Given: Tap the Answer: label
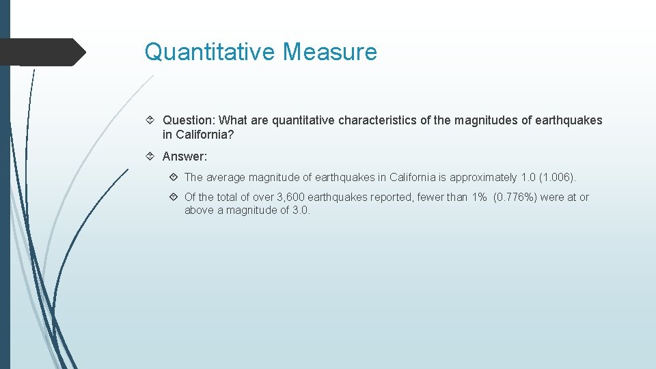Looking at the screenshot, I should coord(184,156).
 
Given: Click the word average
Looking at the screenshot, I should coord(228,178).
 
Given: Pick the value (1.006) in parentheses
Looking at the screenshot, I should coord(558,178).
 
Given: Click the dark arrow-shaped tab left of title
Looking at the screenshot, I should coord(41,52).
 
